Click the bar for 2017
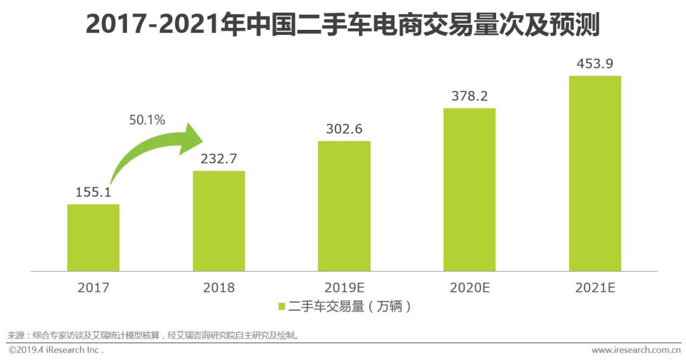click(93, 237)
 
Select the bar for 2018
click(219, 221)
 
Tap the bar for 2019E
click(344, 206)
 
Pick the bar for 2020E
click(469, 190)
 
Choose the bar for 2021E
click(595, 173)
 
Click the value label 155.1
click(93, 192)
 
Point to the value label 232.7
click(219, 159)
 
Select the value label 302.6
click(344, 128)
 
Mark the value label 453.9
click(595, 64)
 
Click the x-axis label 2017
click(93, 288)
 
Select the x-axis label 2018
click(219, 288)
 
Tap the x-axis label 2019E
click(344, 288)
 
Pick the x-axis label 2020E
click(469, 288)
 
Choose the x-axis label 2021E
click(595, 288)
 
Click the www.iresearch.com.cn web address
click(636, 350)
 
